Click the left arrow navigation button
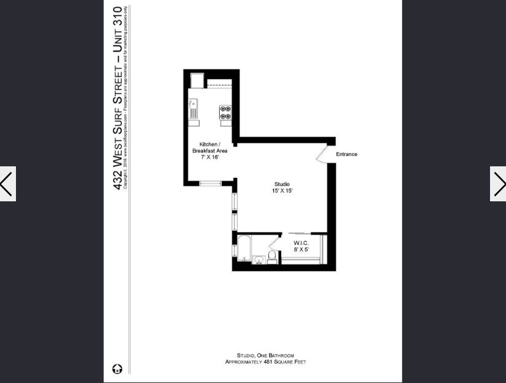7,184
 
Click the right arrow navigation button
498,184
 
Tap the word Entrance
346,154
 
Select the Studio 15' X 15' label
282,188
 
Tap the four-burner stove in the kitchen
225,112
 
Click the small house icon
117,368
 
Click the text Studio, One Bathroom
265,355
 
